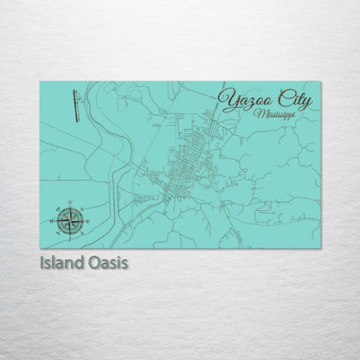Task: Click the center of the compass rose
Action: (x=71, y=220)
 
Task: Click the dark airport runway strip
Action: (x=78, y=106)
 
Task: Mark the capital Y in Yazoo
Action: (x=228, y=100)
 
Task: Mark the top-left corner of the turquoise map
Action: (x=40, y=81)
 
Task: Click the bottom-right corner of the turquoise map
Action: (x=320, y=248)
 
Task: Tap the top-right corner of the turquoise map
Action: (x=320, y=81)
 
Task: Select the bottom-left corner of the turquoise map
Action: (x=40, y=248)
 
